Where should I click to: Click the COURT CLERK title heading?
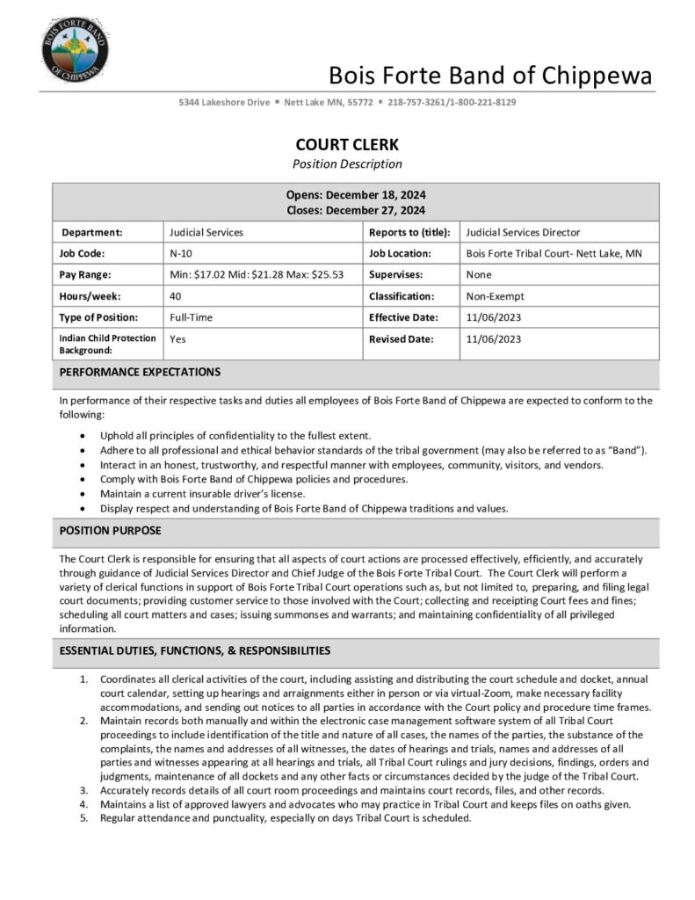(x=347, y=145)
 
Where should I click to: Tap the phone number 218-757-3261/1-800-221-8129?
(x=452, y=102)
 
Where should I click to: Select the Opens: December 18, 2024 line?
(x=356, y=195)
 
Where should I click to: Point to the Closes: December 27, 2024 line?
(x=356, y=210)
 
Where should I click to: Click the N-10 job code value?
(x=180, y=253)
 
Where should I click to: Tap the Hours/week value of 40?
(x=175, y=296)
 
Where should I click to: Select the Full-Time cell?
(x=191, y=317)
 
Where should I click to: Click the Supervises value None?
(x=479, y=274)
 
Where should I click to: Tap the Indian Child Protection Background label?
(x=107, y=344)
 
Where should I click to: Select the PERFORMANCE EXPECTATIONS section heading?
(x=140, y=373)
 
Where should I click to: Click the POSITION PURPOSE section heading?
(x=110, y=531)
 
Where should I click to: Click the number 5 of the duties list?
(x=83, y=817)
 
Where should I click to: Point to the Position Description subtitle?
(x=347, y=163)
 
